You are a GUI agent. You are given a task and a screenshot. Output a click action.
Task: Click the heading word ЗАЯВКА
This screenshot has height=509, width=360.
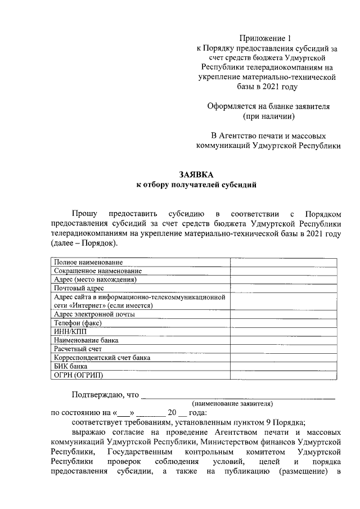pyautogui.click(x=196, y=174)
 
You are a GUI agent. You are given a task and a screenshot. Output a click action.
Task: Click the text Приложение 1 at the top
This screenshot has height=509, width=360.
pyautogui.click(x=265, y=39)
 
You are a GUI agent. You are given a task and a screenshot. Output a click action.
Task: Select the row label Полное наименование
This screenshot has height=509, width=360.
pyautogui.click(x=88, y=262)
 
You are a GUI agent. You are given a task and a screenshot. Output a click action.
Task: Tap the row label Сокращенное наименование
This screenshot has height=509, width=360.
pyautogui.click(x=94, y=271)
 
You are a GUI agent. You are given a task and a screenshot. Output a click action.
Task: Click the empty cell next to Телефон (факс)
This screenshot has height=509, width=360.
pyautogui.click(x=283, y=323)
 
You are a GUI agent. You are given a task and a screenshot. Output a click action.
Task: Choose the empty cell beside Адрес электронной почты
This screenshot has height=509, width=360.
pyautogui.click(x=283, y=314)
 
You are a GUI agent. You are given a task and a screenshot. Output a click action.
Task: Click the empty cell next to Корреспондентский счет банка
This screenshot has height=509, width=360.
pyautogui.click(x=283, y=358)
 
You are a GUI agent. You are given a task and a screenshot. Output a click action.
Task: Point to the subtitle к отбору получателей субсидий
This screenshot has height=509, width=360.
pyautogui.click(x=196, y=184)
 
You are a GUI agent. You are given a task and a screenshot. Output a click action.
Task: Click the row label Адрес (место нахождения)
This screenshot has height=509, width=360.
pyautogui.click(x=96, y=280)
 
